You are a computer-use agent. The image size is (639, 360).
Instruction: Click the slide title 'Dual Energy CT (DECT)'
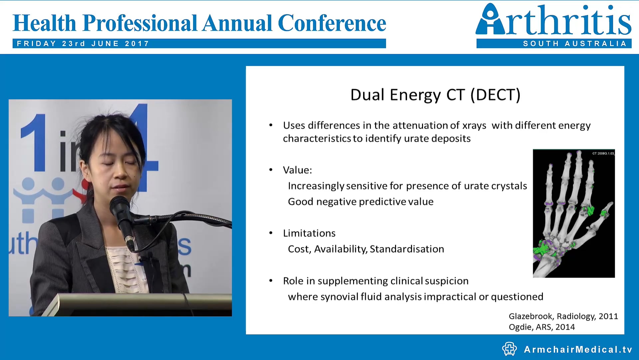(435, 95)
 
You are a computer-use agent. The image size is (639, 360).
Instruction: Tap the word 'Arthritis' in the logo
(553, 20)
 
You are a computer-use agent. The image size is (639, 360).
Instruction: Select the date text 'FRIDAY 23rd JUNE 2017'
(83, 44)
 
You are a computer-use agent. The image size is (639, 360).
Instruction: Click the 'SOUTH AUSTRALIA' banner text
(575, 44)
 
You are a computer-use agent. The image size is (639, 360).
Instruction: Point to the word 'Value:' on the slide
(298, 170)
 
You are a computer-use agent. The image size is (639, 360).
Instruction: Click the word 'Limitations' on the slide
(309, 233)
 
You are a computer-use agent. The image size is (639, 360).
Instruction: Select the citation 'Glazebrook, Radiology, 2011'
(563, 316)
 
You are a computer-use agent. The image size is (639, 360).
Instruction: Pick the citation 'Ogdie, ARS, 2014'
(542, 327)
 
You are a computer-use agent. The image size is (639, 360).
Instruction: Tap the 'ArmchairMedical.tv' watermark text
(578, 349)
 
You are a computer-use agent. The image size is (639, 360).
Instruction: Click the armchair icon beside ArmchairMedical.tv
(509, 349)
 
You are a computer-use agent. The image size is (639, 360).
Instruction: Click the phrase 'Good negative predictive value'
(361, 202)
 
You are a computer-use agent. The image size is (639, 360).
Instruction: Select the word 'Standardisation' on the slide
(407, 249)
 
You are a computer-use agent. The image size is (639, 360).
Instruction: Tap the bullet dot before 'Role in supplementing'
(271, 281)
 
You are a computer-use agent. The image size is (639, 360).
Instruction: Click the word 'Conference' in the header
(332, 23)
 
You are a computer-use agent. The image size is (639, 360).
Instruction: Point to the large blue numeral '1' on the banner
(35, 143)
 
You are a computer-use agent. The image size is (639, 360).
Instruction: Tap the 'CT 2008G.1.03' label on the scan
(603, 153)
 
